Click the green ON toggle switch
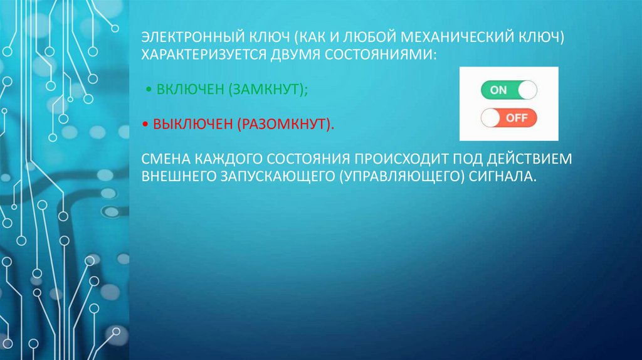508,90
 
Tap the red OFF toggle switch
508,117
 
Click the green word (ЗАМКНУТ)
268,90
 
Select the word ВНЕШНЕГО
176,176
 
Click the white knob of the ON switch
528,90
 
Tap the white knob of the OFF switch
490,117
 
